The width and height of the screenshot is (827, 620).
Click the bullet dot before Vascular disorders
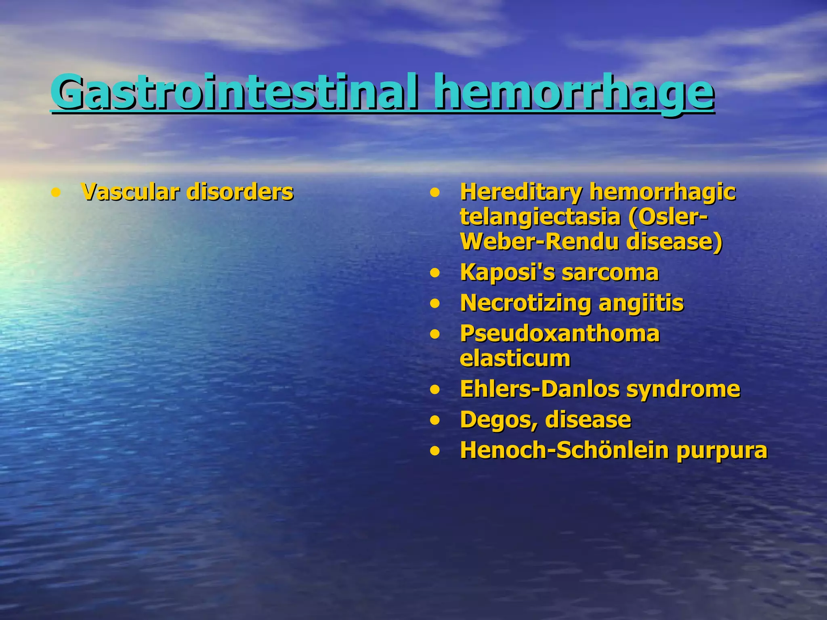[56, 193]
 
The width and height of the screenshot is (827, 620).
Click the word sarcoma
[610, 272]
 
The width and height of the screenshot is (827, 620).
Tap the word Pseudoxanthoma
[560, 333]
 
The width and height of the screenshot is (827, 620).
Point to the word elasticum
[515, 358]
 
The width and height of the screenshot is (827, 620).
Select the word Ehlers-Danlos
[539, 389]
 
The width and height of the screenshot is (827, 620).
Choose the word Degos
[499, 420]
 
